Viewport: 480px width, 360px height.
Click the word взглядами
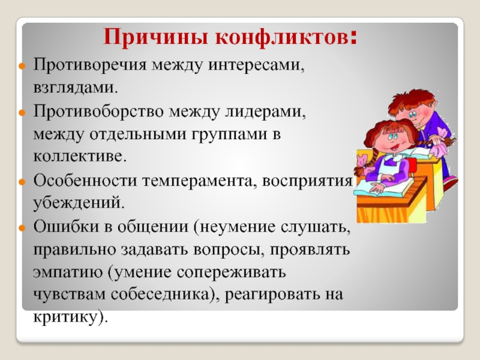pyautogui.click(x=76, y=88)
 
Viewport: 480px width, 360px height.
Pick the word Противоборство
pyautogui.click(x=98, y=111)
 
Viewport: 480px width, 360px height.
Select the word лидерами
pyautogui.click(x=265, y=112)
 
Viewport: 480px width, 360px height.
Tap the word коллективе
pyautogui.click(x=80, y=156)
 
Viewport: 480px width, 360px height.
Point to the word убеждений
pyautogui.click(x=79, y=202)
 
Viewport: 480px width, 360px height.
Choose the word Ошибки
pyautogui.click(x=65, y=227)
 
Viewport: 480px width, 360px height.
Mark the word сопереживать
pyautogui.click(x=231, y=273)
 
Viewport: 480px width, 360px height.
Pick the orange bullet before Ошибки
pyautogui.click(x=22, y=228)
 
